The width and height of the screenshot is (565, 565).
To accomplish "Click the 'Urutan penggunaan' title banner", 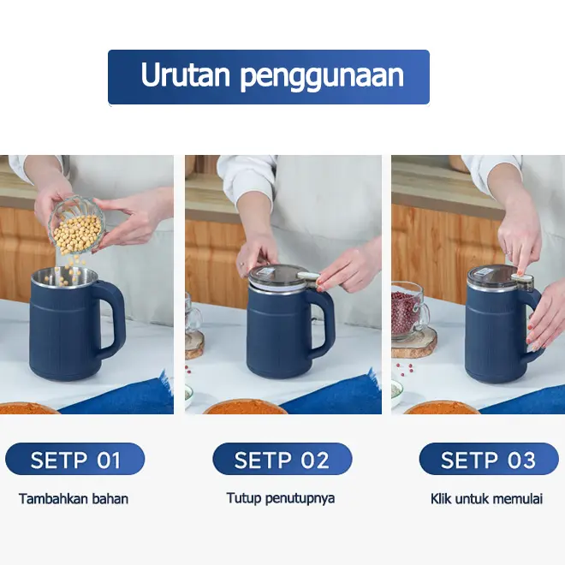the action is (269, 77).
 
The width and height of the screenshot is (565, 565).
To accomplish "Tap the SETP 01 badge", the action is (75, 459).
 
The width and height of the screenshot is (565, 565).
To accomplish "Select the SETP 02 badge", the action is (282, 459).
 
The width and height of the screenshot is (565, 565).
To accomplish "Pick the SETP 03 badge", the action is (489, 459).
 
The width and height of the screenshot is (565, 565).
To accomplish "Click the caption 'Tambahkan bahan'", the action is (74, 499).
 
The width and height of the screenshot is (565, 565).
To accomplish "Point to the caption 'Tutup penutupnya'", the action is (281, 499).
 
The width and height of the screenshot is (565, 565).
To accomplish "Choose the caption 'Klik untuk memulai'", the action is (486, 499).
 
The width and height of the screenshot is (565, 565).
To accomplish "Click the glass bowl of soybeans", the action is (77, 225).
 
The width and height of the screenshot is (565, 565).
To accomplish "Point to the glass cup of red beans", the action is (410, 311).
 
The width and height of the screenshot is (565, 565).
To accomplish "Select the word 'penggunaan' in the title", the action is (322, 75).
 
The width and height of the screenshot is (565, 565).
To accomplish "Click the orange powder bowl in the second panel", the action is (245, 407).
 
